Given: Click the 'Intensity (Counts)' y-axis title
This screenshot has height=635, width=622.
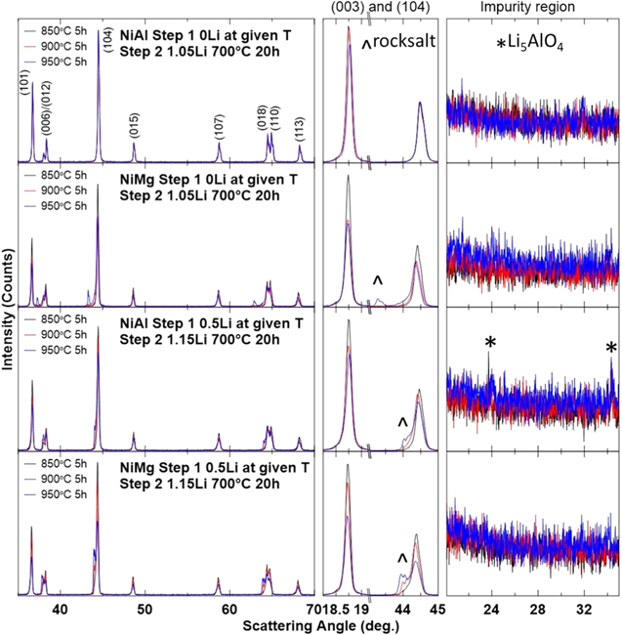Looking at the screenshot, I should click(x=9, y=317).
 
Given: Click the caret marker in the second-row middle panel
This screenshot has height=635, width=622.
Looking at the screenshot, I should click(x=378, y=281).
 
